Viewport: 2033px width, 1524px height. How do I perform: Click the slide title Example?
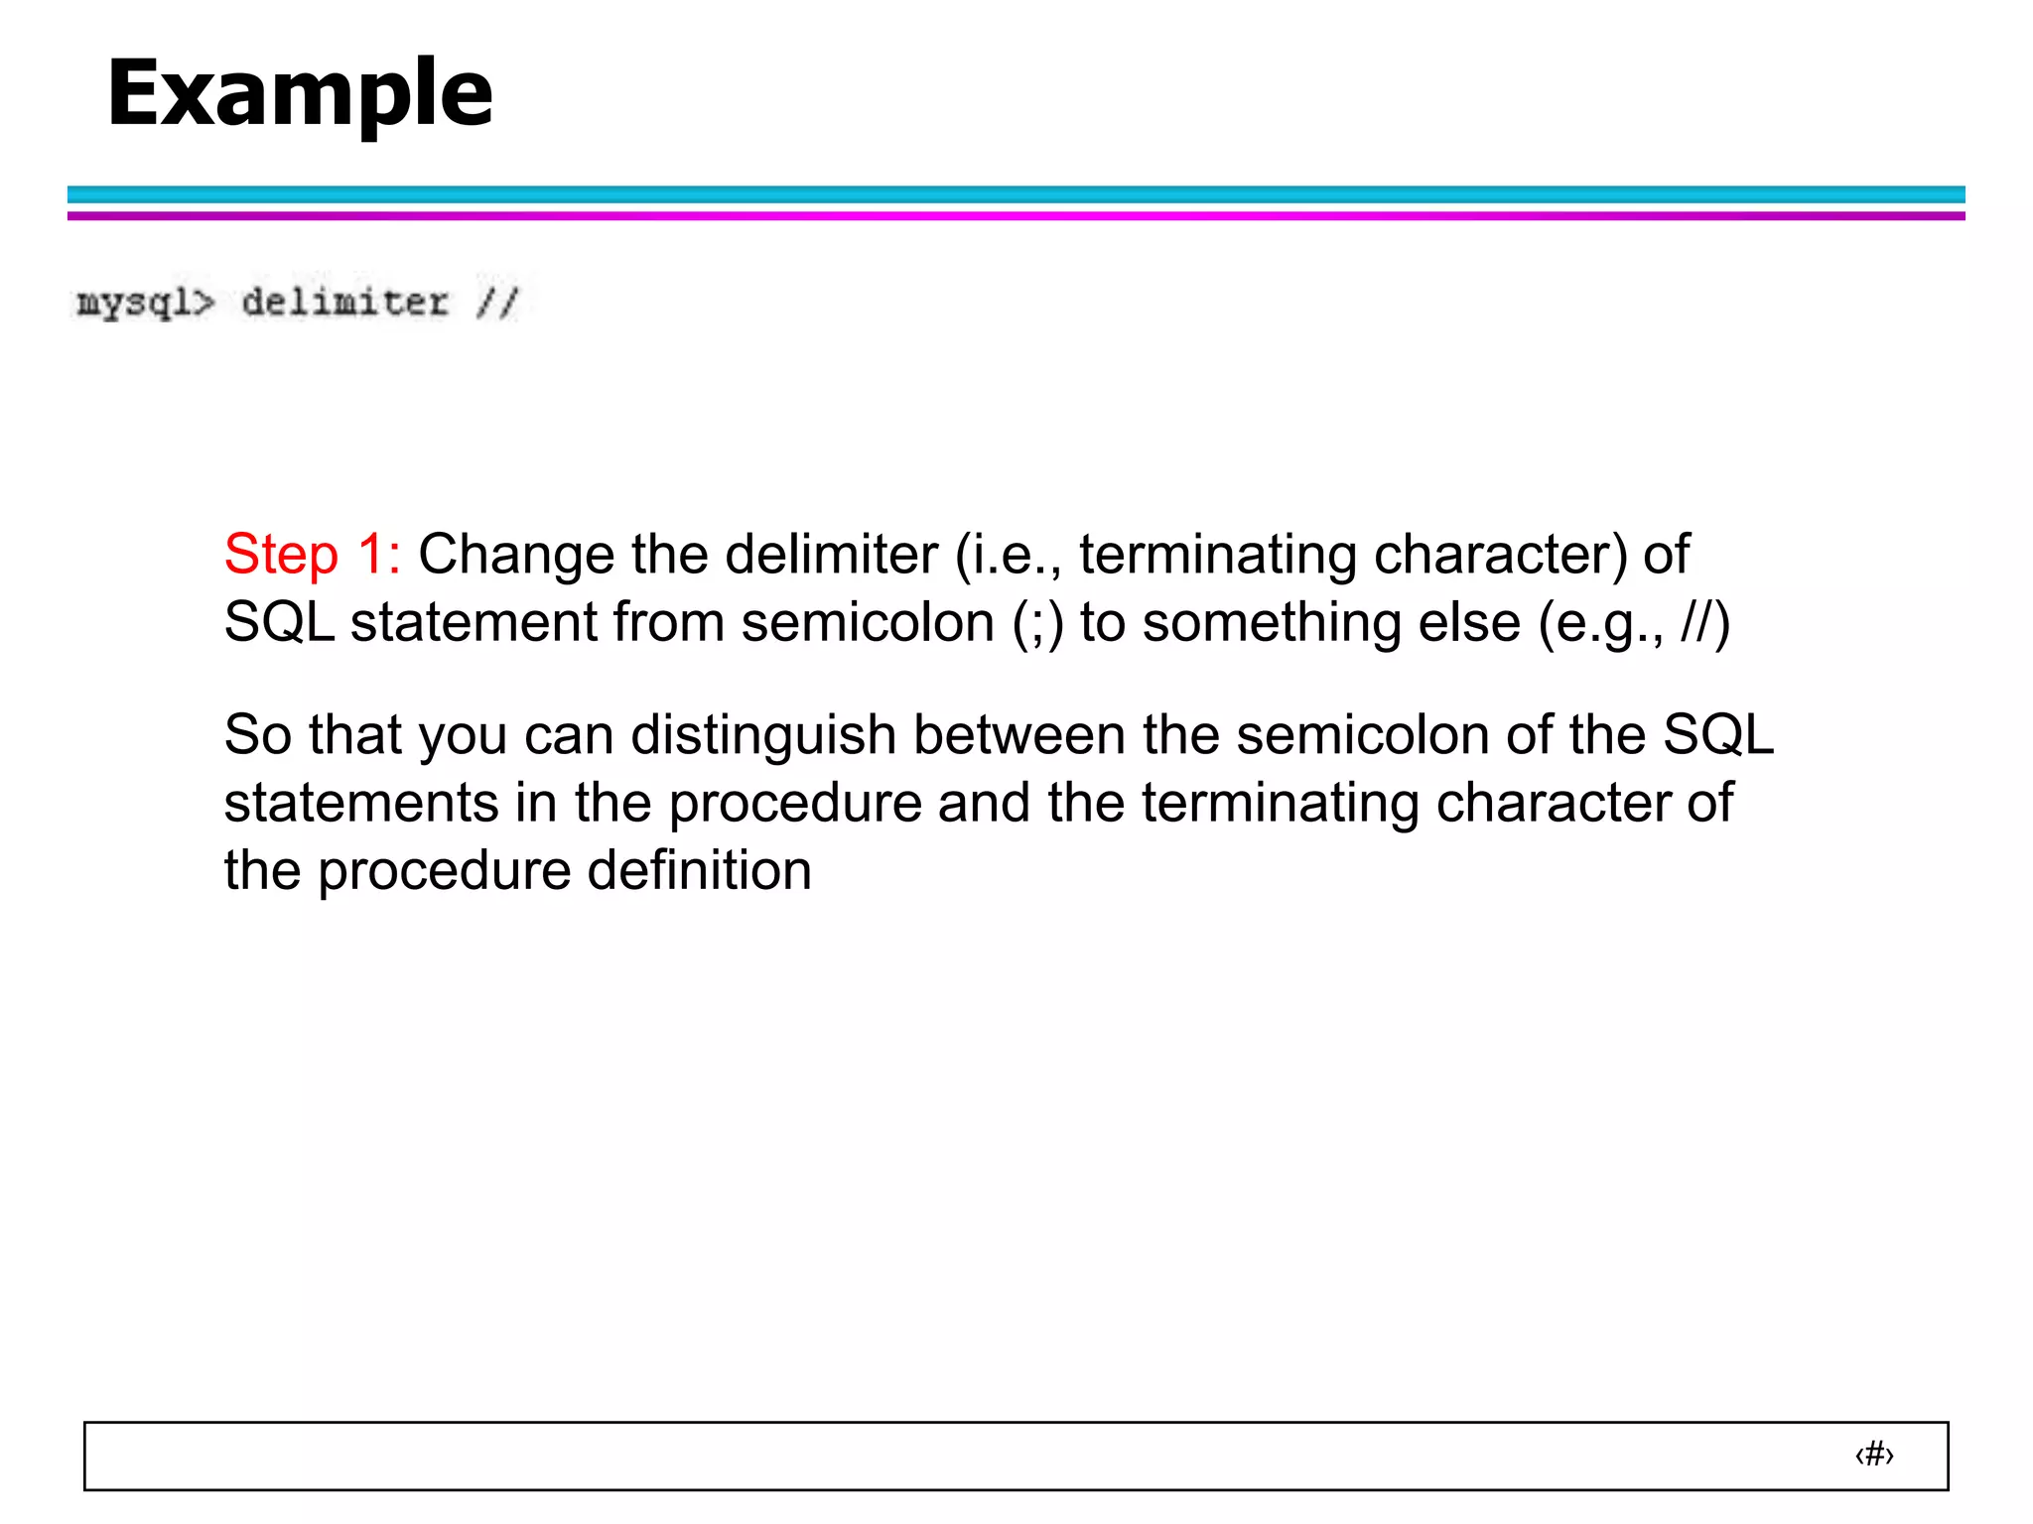coord(300,93)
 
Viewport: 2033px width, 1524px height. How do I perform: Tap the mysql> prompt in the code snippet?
coord(145,303)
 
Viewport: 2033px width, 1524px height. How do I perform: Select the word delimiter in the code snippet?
coord(344,302)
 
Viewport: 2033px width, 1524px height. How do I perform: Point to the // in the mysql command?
coord(497,302)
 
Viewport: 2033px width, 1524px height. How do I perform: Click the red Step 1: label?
coord(312,554)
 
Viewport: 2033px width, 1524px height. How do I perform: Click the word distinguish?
coord(763,736)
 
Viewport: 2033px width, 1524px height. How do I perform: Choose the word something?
coord(1331,624)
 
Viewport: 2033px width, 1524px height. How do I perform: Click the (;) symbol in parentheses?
coord(1037,624)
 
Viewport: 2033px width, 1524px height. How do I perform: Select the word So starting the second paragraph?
coord(257,735)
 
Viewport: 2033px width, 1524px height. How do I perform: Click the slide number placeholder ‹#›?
coord(1874,1455)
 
